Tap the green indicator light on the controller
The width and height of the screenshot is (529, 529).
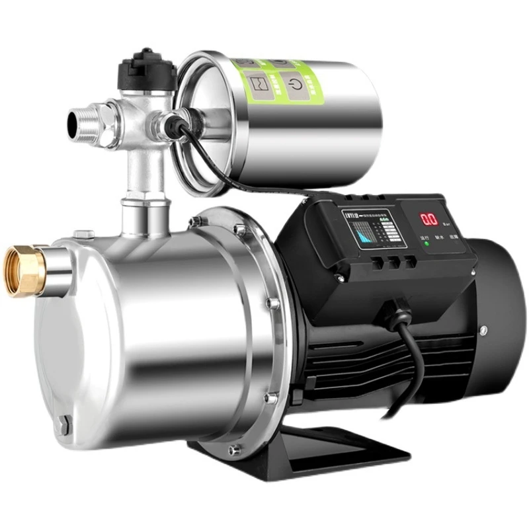coord(427,244)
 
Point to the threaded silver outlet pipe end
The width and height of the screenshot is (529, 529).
coord(78,121)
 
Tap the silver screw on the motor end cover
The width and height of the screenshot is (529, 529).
coord(484,329)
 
